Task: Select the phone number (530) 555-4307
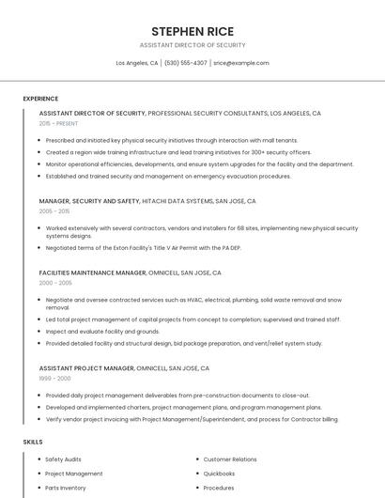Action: point(186,63)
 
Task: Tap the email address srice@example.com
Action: point(241,63)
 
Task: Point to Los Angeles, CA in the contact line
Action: point(137,63)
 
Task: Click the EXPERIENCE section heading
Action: point(40,99)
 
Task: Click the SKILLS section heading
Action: point(33,442)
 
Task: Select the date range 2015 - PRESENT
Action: point(59,123)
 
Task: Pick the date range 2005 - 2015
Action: point(54,211)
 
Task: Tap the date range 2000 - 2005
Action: point(55,282)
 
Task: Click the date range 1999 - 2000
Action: point(54,378)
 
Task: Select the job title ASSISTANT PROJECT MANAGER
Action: point(86,368)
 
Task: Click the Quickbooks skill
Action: point(219,474)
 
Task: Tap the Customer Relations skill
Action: point(230,459)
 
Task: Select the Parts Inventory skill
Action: point(66,488)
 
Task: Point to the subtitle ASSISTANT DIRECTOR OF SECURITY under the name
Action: point(192,45)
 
